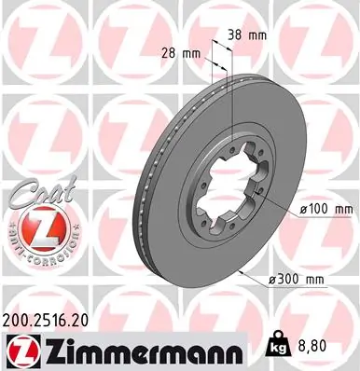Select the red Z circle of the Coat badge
[36, 225]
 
